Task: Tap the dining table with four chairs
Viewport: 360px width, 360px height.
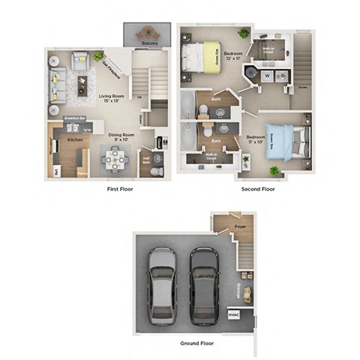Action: [x=116, y=158]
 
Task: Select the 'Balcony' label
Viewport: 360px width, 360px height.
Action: [x=148, y=45]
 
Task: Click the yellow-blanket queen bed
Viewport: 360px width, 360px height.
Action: [x=203, y=56]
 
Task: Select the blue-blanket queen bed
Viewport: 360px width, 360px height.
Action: [x=287, y=139]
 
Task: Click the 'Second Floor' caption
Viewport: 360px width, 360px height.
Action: [x=258, y=189]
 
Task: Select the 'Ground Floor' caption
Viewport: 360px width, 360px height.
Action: [x=194, y=343]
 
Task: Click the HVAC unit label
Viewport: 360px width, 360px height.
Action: [x=234, y=315]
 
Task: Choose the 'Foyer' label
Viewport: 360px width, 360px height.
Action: [x=239, y=225]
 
